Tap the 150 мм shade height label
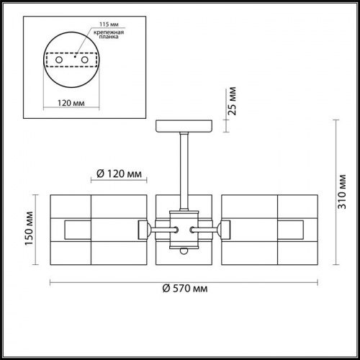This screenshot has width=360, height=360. pos(29,228)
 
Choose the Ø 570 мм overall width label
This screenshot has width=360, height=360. pos(185,289)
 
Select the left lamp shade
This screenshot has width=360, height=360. pos(93,230)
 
